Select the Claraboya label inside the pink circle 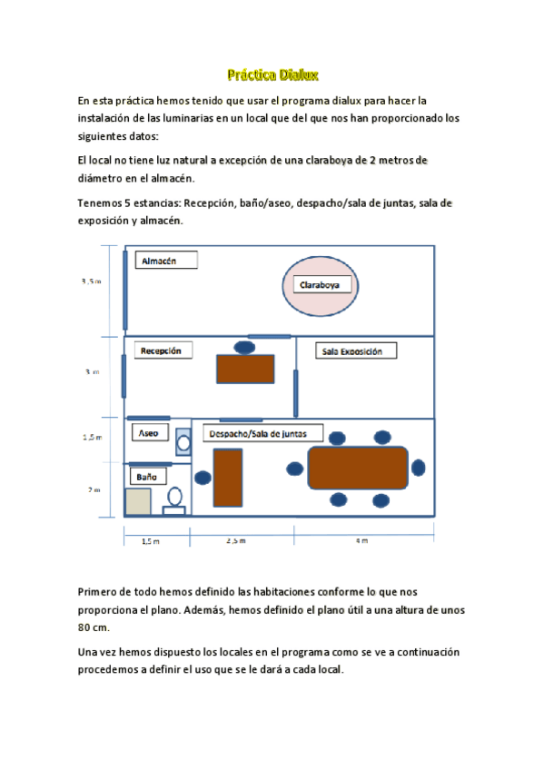point(325,285)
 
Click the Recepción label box point(164,350)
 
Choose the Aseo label point(149,433)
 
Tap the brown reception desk point(245,369)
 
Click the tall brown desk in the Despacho point(228,477)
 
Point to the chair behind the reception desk point(244,346)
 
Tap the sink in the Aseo point(183,440)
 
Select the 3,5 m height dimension point(92,281)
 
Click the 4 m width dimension point(362,541)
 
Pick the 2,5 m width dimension point(235,541)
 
